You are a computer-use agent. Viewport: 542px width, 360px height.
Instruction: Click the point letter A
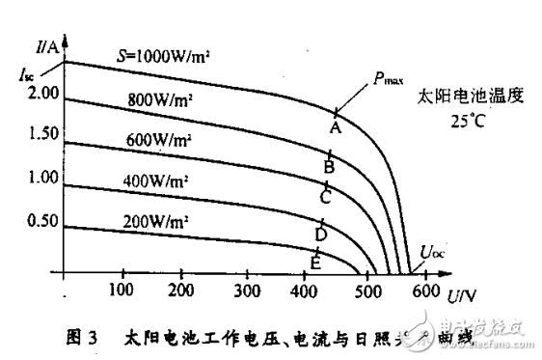tap(335, 126)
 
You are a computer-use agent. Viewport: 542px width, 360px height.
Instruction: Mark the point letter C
tap(326, 198)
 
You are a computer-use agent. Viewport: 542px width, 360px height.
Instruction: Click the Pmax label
tap(390, 80)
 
